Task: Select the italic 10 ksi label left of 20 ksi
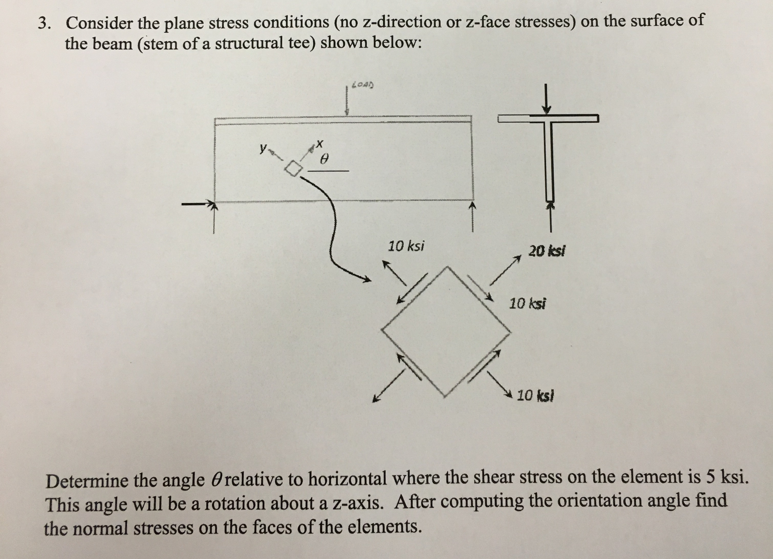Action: [406, 246]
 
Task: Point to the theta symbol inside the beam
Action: [326, 159]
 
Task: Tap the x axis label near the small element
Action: [319, 144]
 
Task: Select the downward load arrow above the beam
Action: [347, 102]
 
